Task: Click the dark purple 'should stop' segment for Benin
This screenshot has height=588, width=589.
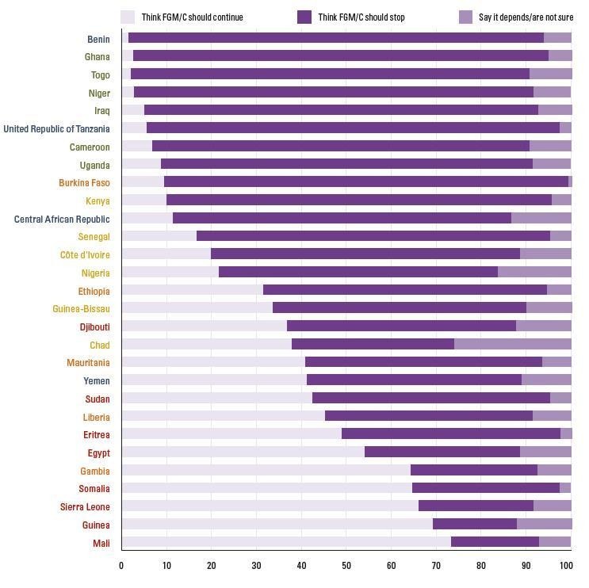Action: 336,38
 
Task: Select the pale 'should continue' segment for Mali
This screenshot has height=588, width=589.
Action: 286,542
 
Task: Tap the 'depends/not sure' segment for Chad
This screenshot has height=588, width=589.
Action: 512,344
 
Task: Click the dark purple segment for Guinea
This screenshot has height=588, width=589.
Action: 475,524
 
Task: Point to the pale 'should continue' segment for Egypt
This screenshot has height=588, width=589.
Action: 243,452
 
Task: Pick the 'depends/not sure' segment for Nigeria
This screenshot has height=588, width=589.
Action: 534,272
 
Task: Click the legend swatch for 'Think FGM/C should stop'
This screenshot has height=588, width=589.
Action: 304,17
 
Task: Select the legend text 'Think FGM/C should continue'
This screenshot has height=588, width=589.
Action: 192,17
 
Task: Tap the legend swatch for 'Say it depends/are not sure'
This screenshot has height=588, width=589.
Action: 466,17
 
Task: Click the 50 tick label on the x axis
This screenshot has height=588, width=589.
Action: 346,566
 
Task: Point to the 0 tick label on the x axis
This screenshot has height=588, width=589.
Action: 121,566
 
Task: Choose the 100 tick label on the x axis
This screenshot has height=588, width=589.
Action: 565,566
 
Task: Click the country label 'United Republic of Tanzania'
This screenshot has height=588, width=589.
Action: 56,128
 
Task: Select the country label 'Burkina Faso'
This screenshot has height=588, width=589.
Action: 84,182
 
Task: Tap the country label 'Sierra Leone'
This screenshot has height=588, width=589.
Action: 85,506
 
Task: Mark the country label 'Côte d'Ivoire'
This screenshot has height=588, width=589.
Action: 85,254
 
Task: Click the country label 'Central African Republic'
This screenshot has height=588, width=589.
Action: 62,219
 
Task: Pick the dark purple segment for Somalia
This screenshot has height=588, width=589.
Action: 486,488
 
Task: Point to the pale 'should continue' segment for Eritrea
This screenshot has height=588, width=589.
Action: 231,433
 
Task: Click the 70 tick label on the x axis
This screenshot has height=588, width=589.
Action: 436,566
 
